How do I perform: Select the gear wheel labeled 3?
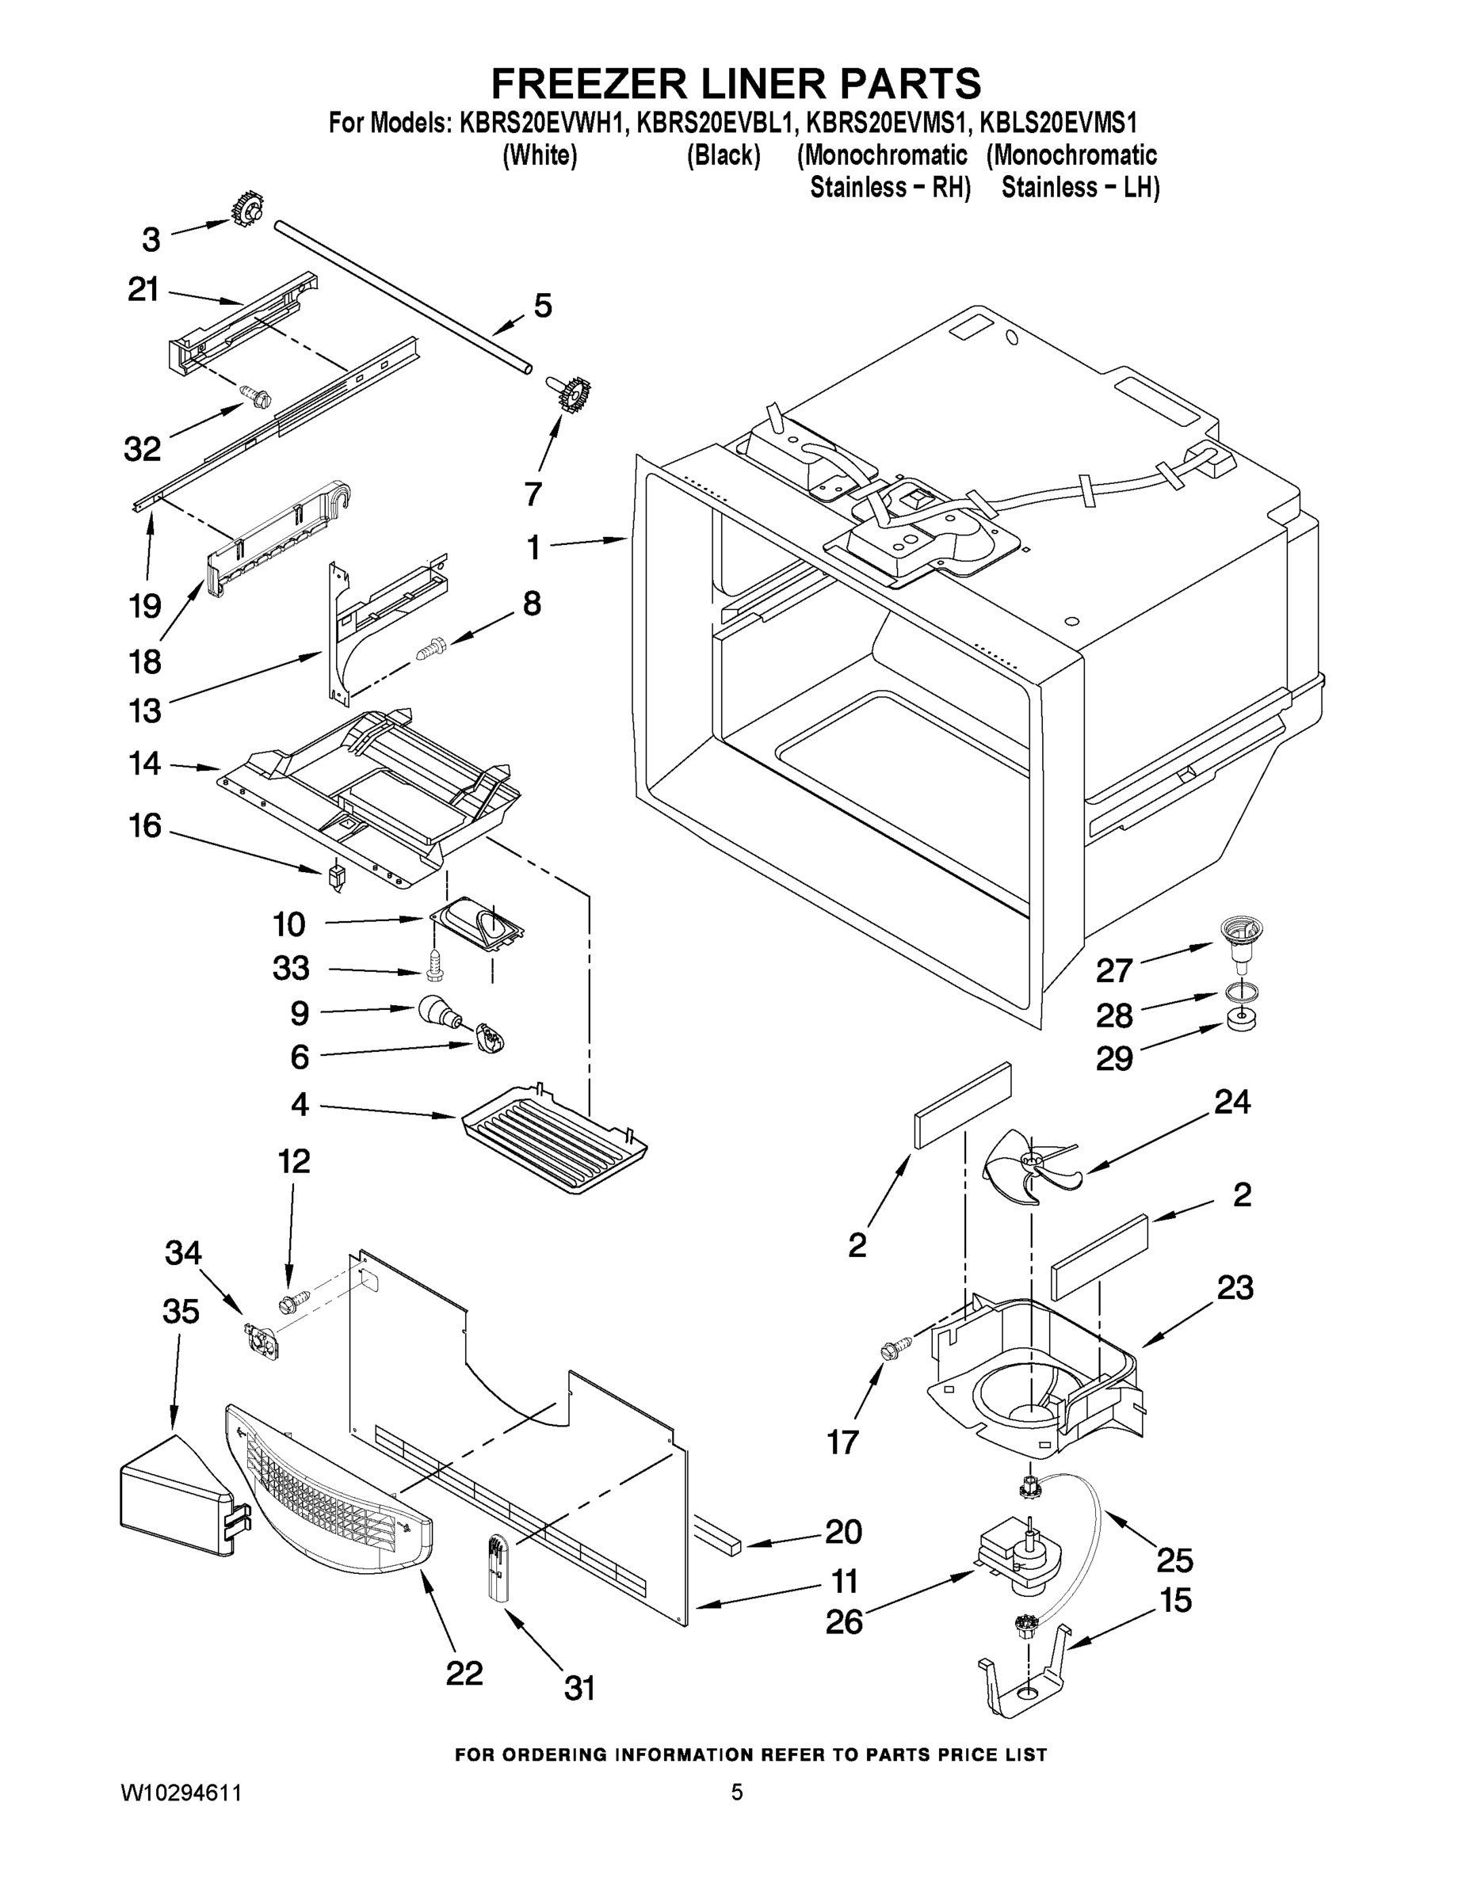pyautogui.click(x=246, y=209)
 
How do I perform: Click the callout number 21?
pyautogui.click(x=143, y=289)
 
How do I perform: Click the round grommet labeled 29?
pyautogui.click(x=1240, y=1019)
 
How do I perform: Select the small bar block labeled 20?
pyautogui.click(x=716, y=1542)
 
